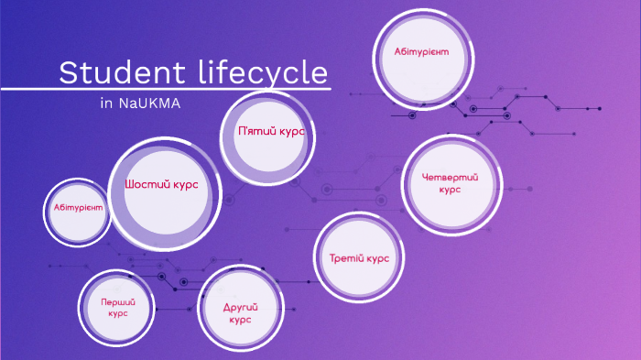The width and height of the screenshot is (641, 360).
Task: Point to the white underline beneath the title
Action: tap(165, 89)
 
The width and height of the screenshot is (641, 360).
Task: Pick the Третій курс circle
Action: tap(359, 257)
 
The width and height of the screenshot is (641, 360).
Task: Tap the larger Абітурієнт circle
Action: tap(421, 52)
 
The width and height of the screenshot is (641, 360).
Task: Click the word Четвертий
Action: tap(450, 177)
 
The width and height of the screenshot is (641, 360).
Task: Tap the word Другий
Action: tap(240, 307)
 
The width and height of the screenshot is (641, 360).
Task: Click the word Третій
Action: tap(345, 258)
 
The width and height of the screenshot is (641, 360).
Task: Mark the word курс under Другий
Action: tap(240, 321)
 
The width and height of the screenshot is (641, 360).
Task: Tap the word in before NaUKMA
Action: tap(106, 103)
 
